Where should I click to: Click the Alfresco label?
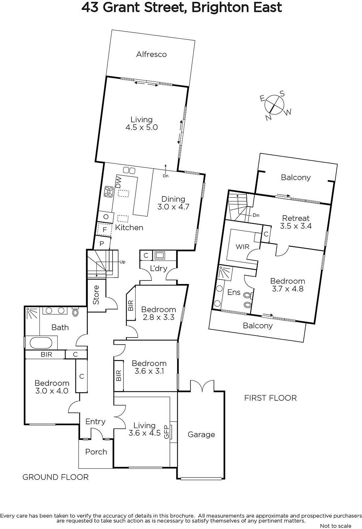[152, 54]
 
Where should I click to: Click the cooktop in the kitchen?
[109, 191]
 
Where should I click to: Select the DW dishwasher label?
[119, 182]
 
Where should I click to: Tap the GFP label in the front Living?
[166, 432]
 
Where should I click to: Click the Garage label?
[201, 434]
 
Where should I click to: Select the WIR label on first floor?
[242, 247]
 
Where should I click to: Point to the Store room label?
[96, 295]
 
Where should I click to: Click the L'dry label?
[159, 268]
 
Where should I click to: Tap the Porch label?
[96, 452]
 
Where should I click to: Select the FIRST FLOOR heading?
[271, 398]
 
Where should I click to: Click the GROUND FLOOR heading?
[55, 477]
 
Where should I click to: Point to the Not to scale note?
[336, 526]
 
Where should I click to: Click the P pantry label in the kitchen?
[102, 243]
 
